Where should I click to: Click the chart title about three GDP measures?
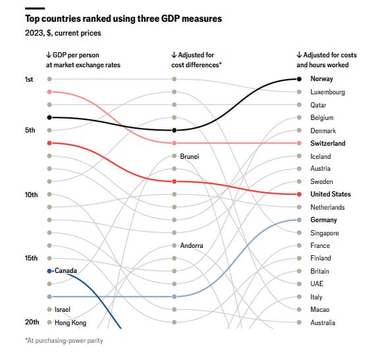coord(123,19)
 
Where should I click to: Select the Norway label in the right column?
coord(322,79)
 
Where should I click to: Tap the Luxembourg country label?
coord(327,92)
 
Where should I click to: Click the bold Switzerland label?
coord(328,143)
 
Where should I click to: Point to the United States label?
coord(331,195)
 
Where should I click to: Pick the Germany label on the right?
coord(323,220)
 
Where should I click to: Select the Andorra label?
coord(192,246)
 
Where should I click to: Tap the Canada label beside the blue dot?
coord(66,271)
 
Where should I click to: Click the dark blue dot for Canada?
coord(49,271)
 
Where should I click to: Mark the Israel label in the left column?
coord(63,310)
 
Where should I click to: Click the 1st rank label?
coord(30,79)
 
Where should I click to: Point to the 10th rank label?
coord(32,195)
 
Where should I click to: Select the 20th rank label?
coord(32,322)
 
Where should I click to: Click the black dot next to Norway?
coord(299,79)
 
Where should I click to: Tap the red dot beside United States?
coord(299,195)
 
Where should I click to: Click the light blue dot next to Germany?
coord(299,220)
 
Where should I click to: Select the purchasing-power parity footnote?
coord(64,340)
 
